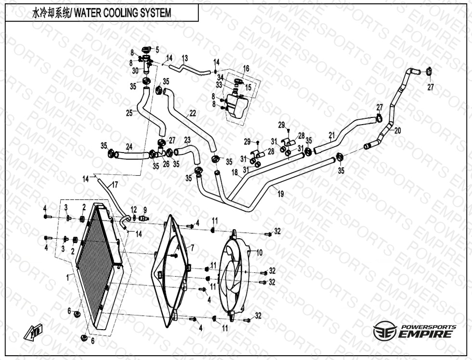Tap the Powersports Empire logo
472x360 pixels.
(x=415, y=332)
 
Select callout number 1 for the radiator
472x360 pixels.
(x=68, y=277)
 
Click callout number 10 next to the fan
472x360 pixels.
(x=259, y=252)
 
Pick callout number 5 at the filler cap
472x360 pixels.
(x=157, y=49)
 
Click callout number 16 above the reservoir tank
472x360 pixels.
(x=246, y=69)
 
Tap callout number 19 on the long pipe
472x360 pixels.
(x=280, y=194)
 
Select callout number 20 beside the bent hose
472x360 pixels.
(x=397, y=130)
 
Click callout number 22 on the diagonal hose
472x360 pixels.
(x=193, y=114)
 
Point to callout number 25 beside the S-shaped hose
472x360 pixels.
(x=129, y=114)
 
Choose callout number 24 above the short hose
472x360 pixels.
(x=129, y=146)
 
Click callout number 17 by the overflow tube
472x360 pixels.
(x=115, y=184)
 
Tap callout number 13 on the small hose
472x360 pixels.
(x=184, y=58)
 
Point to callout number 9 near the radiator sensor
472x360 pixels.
(x=144, y=209)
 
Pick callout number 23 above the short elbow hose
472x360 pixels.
(x=187, y=140)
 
